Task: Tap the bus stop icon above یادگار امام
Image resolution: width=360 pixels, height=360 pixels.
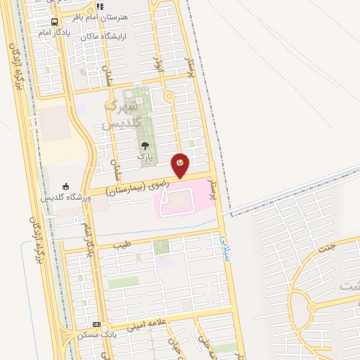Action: point(55,21)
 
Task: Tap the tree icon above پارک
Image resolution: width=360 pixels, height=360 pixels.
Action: point(146,145)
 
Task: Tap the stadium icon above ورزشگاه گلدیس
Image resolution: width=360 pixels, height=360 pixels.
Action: point(66,186)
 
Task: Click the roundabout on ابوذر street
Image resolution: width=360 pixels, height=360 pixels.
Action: point(169,96)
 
